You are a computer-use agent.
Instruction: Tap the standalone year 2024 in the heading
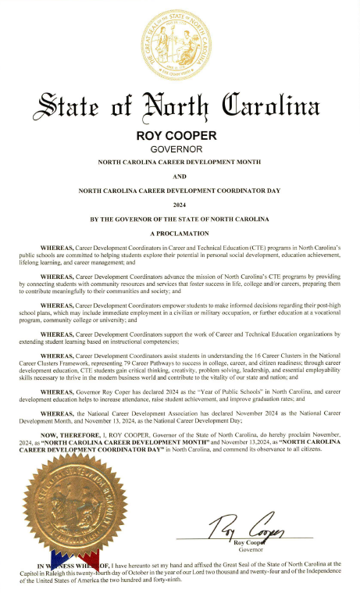[x=180, y=204]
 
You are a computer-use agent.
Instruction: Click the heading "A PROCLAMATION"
[x=180, y=233]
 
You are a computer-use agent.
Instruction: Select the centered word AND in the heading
[x=180, y=177]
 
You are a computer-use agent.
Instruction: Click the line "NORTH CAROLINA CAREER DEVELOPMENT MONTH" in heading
[x=180, y=163]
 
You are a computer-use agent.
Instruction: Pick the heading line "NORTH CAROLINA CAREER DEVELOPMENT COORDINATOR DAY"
[x=180, y=190]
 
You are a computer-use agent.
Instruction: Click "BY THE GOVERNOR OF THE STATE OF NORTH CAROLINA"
[x=180, y=218]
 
